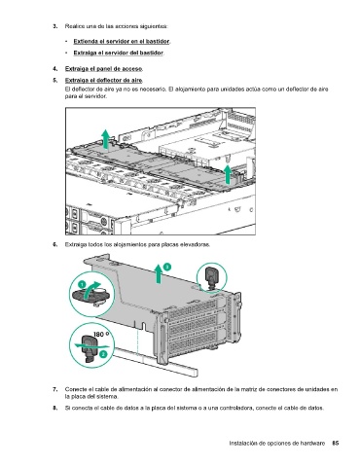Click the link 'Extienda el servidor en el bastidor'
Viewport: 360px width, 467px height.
click(122, 41)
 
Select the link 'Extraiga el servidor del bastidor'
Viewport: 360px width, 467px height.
click(118, 53)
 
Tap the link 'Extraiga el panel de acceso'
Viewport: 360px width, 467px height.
click(104, 69)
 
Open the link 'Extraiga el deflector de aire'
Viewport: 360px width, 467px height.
click(104, 80)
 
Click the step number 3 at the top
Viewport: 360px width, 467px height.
click(55, 26)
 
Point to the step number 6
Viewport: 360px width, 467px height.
click(55, 244)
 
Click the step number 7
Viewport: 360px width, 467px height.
click(55, 389)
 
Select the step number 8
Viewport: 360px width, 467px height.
click(55, 408)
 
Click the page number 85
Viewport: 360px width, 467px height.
click(336, 443)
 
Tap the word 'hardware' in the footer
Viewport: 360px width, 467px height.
click(312, 443)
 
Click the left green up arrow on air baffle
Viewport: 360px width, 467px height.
click(105, 139)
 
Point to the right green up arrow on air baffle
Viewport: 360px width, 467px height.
click(229, 174)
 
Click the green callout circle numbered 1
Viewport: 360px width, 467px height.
click(82, 284)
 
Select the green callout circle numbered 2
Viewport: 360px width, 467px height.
click(103, 354)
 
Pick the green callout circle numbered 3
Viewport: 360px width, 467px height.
click(166, 267)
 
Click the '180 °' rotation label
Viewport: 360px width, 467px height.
click(101, 335)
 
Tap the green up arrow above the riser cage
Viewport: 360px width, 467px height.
click(159, 273)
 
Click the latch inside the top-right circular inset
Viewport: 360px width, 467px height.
click(212, 276)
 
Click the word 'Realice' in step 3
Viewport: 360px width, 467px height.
click(73, 26)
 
